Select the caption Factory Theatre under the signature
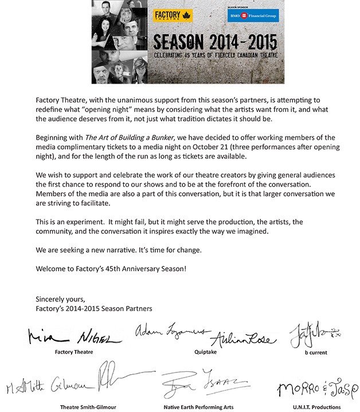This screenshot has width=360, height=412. click(75, 352)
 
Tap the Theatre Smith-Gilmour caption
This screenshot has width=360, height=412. click(87, 407)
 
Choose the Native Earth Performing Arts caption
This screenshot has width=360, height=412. click(198, 407)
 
